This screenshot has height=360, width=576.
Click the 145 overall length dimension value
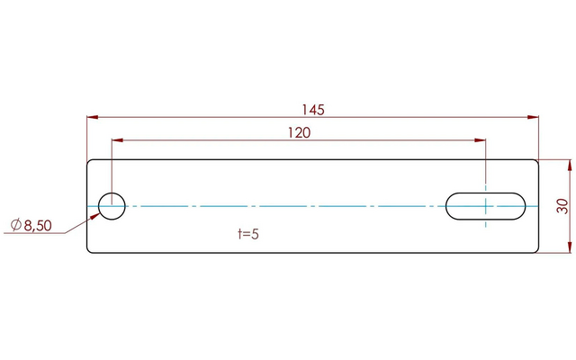click(313, 110)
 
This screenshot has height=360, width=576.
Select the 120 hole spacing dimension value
click(299, 132)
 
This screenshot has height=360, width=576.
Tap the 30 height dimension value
click(562, 206)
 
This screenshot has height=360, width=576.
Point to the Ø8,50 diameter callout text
click(31, 225)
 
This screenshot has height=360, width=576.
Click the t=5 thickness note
click(248, 234)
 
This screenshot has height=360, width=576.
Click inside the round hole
click(112, 206)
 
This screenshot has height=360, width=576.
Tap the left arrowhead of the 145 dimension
click(93, 117)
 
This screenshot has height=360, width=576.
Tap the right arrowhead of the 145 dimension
click(533, 117)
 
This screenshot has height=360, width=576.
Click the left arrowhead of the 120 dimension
click(118, 140)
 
